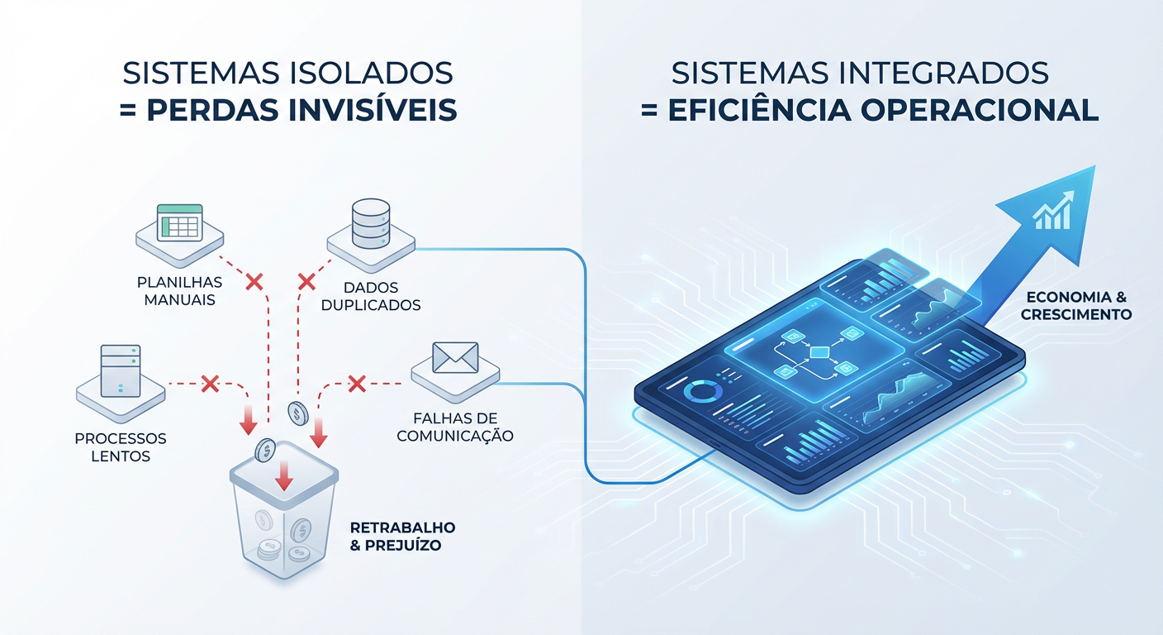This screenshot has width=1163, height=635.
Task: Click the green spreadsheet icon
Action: pos(179,223)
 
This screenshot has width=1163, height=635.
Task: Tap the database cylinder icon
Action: pos(371,223)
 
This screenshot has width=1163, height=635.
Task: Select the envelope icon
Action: pos(455,357)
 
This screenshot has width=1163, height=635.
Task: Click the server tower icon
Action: pos(121,370)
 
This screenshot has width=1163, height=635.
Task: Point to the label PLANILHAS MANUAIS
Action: pos(179,291)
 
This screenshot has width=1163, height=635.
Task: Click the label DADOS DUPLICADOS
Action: pos(371,296)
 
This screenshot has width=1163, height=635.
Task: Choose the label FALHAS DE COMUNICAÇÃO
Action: pos(455,427)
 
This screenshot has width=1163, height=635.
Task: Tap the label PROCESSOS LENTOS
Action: pos(121,446)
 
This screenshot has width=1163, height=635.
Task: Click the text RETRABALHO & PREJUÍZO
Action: pos(402,537)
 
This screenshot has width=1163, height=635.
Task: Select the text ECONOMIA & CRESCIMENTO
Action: pos(1076,306)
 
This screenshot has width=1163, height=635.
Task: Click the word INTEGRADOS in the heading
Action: pos(945,73)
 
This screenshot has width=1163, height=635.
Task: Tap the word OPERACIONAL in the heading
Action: pos(979,110)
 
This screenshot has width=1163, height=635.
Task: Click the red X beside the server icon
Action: pos(210,384)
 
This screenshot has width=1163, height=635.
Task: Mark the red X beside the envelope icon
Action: pos(357,384)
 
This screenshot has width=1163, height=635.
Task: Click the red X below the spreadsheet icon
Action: pos(254,282)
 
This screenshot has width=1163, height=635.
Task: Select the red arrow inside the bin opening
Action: pos(283,475)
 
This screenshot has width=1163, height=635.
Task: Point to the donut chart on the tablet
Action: pos(703,392)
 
